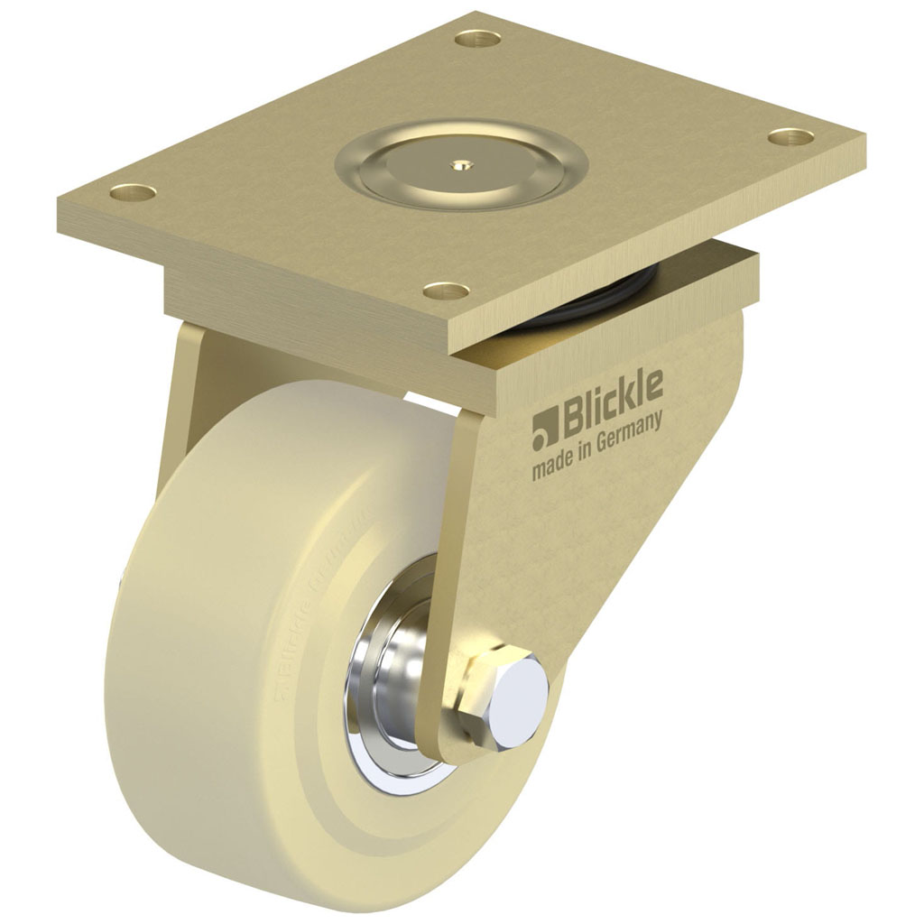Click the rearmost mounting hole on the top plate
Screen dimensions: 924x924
tap(477, 39)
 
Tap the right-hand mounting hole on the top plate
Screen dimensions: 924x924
tap(791, 137)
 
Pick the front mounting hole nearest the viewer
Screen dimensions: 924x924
tap(447, 291)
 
